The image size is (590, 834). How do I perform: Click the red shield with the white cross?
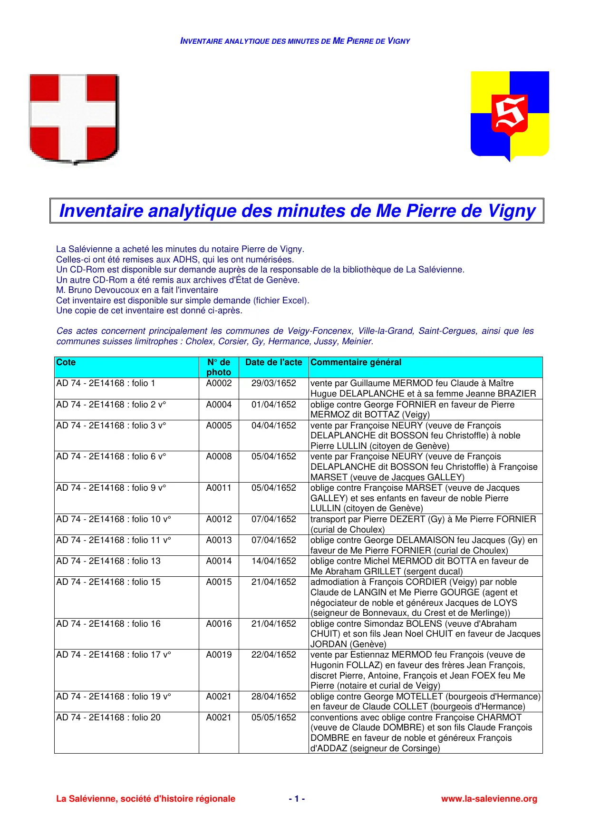pyautogui.click(x=74, y=119)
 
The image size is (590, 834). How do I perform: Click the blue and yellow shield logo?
pyautogui.click(x=510, y=116)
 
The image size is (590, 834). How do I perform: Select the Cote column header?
pyautogui.click(x=66, y=362)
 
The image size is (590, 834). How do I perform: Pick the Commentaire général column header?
pyautogui.click(x=356, y=362)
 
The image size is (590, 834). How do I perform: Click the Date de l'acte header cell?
pyautogui.click(x=273, y=362)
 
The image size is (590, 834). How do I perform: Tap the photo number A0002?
pyautogui.click(x=219, y=383)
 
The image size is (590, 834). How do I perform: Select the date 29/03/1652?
pyautogui.click(x=273, y=383)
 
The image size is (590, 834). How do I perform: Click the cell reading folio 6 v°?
pyautogui.click(x=111, y=456)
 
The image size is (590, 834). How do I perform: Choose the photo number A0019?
pyautogui.click(x=219, y=655)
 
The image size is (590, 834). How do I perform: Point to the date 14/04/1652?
pyautogui.click(x=273, y=561)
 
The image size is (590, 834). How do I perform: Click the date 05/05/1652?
pyautogui.click(x=273, y=718)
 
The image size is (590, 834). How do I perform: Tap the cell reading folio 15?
pyautogui.click(x=108, y=582)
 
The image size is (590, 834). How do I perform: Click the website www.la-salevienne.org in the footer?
pyautogui.click(x=489, y=799)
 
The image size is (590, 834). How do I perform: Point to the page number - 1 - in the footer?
pyautogui.click(x=297, y=799)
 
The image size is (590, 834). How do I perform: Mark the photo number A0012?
pyautogui.click(x=219, y=519)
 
